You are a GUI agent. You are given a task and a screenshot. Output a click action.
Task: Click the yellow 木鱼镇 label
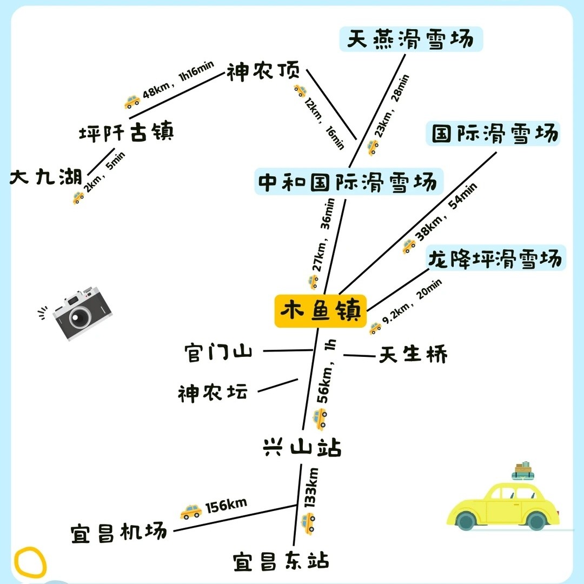click(320, 311)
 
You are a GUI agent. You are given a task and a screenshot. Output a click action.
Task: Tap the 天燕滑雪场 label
click(411, 39)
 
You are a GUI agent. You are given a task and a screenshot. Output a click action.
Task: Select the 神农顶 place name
click(263, 71)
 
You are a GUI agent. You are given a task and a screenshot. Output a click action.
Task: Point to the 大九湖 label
click(46, 176)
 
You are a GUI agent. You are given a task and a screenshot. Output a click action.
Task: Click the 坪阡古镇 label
click(126, 132)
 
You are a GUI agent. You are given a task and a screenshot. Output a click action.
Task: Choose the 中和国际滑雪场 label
click(349, 182)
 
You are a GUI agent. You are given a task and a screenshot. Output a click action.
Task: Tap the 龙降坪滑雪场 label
click(495, 258)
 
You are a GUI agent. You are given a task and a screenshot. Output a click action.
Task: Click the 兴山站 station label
click(302, 447)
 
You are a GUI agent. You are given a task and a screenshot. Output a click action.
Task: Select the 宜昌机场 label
click(119, 533)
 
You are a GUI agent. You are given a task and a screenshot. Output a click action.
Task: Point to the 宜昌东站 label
click(281, 561)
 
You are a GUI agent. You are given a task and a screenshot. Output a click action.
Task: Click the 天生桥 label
click(413, 354)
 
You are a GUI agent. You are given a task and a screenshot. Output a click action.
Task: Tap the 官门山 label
click(218, 352)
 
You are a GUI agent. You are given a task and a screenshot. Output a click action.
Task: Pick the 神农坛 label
click(213, 393)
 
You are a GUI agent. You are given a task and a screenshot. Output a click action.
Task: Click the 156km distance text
click(226, 506)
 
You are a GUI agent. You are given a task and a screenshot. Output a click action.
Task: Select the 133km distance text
click(310, 488)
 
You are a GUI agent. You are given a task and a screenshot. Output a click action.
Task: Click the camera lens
click(79, 317)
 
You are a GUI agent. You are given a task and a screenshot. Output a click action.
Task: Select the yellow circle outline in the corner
click(30, 562)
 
